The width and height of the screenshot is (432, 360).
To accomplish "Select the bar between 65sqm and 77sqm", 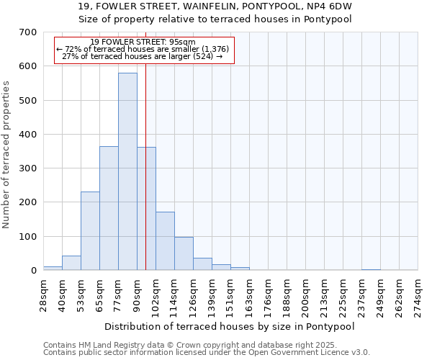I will click(109, 208).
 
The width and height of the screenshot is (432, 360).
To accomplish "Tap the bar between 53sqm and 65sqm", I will click(90, 231).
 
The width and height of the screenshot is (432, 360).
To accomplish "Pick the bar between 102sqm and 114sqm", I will click(165, 241).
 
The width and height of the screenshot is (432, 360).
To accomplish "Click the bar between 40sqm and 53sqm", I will click(71, 263).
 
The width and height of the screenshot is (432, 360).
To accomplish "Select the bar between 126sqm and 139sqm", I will click(202, 264).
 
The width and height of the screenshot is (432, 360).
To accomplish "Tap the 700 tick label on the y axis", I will click(28, 32).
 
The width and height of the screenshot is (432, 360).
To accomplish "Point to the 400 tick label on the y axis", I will click(28, 135).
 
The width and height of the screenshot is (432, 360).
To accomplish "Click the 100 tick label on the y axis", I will click(28, 237).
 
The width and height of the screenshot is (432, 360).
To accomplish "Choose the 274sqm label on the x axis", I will click(418, 295).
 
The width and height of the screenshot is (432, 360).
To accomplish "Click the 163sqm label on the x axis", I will click(249, 295).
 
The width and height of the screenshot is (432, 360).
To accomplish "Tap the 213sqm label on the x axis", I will click(325, 295).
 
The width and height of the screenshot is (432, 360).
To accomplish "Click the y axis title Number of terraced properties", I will click(7, 154).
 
